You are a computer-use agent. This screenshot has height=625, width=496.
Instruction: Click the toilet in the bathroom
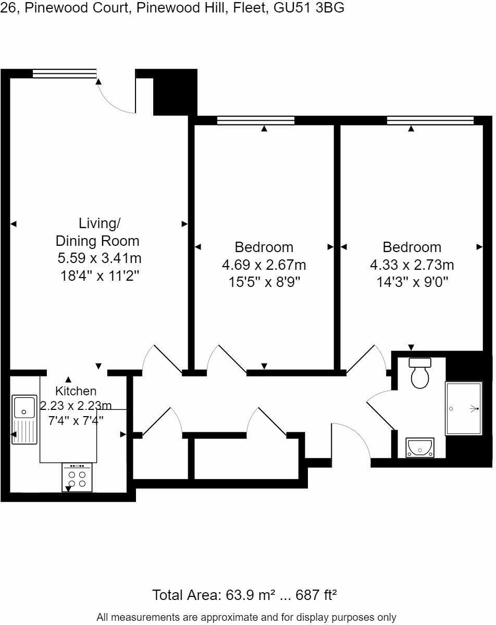(x=419, y=374)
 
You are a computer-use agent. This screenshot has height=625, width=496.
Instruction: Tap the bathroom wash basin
(x=419, y=447)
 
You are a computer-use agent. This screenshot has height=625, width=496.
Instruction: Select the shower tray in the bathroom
(x=463, y=409)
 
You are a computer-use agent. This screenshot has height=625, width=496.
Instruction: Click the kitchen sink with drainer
(x=24, y=419)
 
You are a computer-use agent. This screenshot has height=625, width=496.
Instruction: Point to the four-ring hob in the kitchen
(x=77, y=478)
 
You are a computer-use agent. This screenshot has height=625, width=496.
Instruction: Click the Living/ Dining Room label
(x=98, y=232)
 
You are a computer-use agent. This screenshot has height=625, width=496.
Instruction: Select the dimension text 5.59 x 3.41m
(x=100, y=258)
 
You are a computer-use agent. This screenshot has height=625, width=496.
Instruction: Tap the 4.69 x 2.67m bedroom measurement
(x=264, y=265)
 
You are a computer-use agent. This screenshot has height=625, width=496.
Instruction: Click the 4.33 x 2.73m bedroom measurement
(x=412, y=265)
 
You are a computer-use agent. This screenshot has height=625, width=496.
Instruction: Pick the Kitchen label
(x=76, y=391)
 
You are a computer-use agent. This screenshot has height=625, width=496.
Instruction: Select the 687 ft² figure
(x=316, y=595)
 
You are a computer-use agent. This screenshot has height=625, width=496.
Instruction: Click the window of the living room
(x=65, y=74)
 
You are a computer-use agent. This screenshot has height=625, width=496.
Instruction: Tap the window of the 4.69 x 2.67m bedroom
(x=255, y=121)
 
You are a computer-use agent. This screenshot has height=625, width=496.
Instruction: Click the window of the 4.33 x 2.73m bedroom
(x=430, y=121)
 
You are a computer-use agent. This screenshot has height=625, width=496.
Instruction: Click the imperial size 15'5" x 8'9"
(x=264, y=282)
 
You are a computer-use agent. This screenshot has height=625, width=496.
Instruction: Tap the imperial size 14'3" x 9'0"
(x=412, y=282)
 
